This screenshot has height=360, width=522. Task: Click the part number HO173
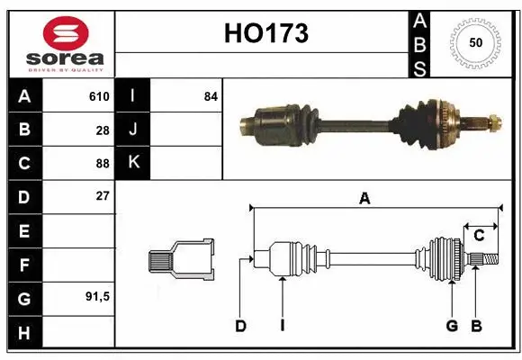click(265, 34)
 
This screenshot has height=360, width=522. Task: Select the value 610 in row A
click(99, 96)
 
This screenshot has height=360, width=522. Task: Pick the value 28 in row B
click(103, 130)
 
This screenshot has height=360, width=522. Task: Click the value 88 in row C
click(103, 164)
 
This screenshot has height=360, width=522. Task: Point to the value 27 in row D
click(103, 195)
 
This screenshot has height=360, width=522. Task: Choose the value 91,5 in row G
click(97, 296)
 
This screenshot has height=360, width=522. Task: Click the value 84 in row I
click(211, 96)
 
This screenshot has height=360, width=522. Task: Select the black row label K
click(133, 163)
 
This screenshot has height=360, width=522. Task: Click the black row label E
click(23, 231)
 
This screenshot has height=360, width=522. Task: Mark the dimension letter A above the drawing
click(364, 200)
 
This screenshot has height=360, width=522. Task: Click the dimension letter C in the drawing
click(479, 235)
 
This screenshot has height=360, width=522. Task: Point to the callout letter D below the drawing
click(240, 326)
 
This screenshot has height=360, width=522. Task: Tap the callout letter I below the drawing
click(282, 326)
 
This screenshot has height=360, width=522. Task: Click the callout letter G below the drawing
click(452, 326)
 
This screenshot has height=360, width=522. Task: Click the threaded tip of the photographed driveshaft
click(493, 120)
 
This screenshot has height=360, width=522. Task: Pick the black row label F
click(23, 265)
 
